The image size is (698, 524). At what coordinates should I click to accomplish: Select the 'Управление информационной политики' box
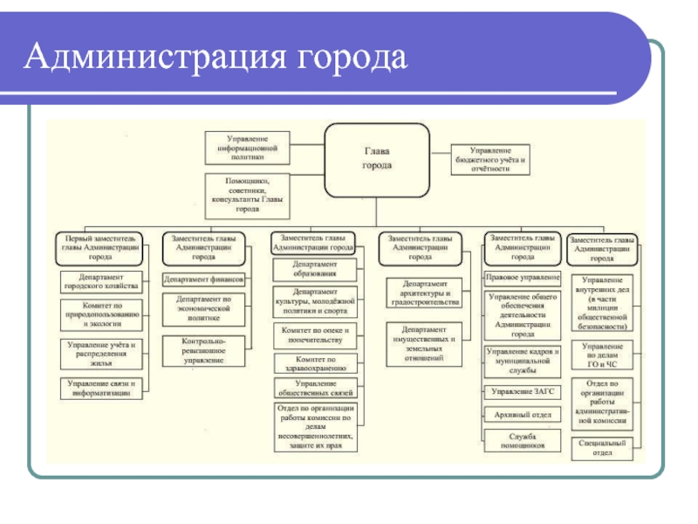pyautogui.click(x=247, y=148)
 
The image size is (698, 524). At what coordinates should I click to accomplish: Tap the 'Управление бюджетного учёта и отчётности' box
pyautogui.click(x=493, y=157)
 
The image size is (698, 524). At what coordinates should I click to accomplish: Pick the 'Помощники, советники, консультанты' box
pyautogui.click(x=247, y=193)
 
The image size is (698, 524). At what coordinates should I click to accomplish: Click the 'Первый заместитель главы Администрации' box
pyautogui.click(x=99, y=246)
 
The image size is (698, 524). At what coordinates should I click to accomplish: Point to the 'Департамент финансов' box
pyautogui.click(x=204, y=279)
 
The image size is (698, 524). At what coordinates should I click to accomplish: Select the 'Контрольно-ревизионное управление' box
pyautogui.click(x=204, y=349)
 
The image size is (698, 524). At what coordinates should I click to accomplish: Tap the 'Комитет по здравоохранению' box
pyautogui.click(x=313, y=363)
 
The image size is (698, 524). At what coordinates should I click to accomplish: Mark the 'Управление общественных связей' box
pyautogui.click(x=313, y=387)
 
